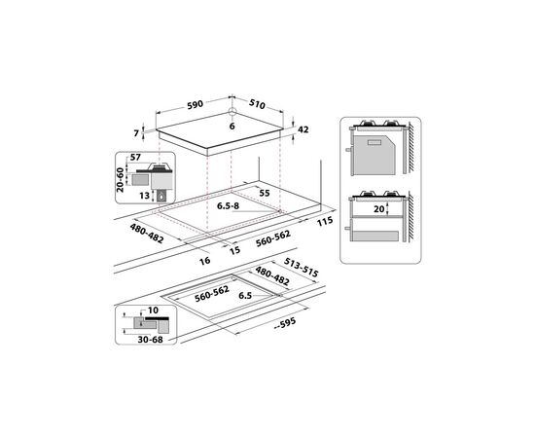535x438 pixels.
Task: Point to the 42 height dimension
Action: (303, 128)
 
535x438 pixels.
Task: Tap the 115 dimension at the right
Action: (325, 222)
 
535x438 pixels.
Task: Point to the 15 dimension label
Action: (235, 250)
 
